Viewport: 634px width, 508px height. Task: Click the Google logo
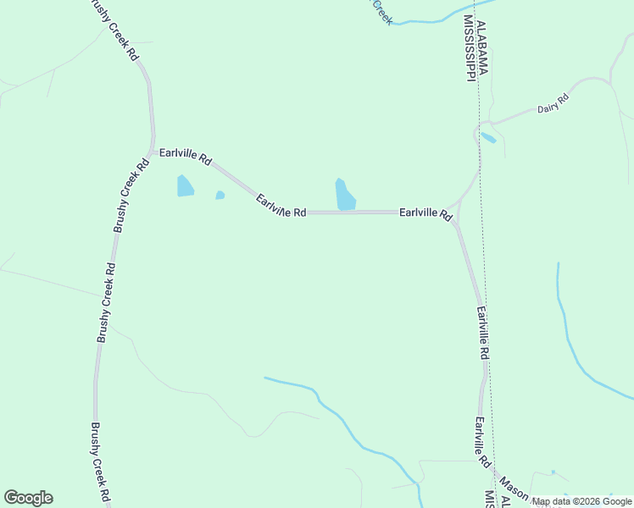(28, 498)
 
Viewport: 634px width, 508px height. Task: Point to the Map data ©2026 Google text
(581, 502)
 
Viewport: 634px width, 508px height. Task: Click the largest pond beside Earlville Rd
(345, 196)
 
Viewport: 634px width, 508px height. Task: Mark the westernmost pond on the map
(185, 185)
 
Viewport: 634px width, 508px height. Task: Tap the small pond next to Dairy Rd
(488, 137)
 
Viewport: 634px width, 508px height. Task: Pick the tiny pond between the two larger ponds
(220, 195)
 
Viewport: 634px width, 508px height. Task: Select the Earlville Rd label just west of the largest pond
(281, 206)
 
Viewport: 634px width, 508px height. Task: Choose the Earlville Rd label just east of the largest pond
(425, 213)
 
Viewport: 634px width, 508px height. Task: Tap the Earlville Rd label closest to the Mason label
(482, 444)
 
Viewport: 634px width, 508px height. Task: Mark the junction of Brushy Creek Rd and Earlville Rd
(153, 151)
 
